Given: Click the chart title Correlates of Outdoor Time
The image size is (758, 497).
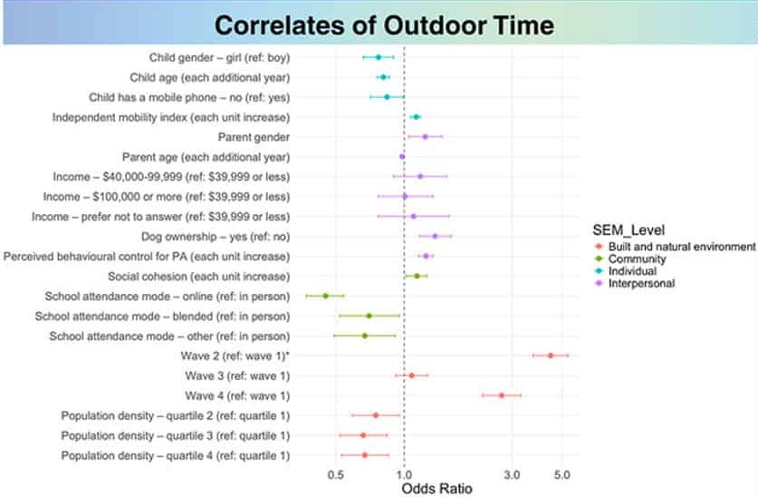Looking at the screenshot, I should click(385, 23).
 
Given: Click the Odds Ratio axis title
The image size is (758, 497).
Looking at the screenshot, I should click(436, 489).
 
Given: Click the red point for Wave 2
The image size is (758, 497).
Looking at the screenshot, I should click(551, 356).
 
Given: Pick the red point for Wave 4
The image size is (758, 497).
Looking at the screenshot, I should click(502, 395).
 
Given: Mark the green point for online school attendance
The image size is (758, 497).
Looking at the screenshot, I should click(326, 296).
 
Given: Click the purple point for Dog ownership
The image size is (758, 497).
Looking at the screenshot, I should click(435, 236).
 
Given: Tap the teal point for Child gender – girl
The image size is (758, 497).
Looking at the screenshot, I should click(379, 57).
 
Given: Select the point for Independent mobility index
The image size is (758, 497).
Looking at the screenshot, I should click(416, 117).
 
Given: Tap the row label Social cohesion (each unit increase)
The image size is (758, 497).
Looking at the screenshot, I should click(198, 276).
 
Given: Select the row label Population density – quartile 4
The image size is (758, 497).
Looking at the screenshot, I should click(176, 455).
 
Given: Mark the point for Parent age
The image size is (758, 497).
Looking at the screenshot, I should click(402, 157).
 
